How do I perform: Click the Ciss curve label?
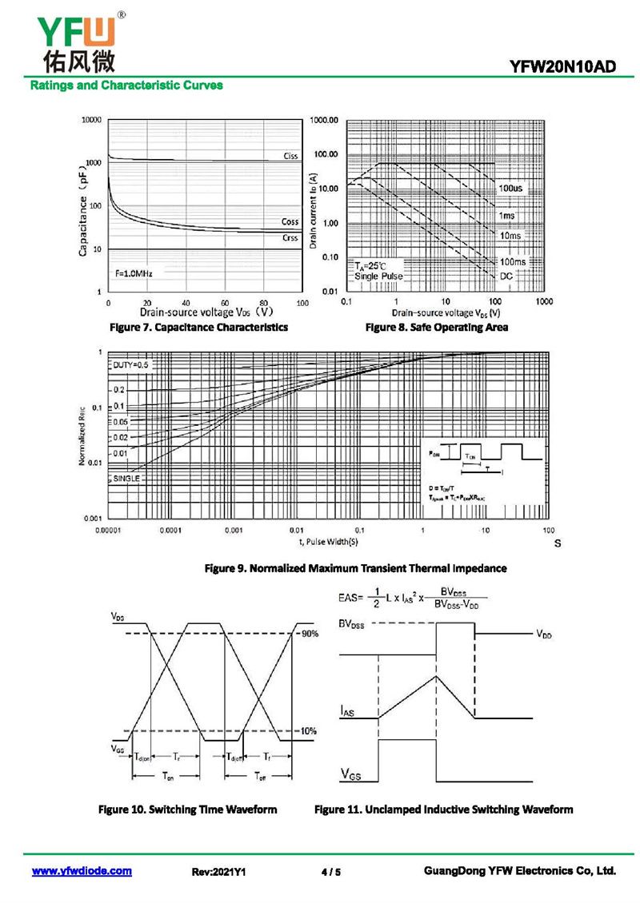pyautogui.click(x=290, y=156)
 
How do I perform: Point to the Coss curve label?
pyautogui.click(x=290, y=221)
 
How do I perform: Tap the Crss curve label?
pyautogui.click(x=290, y=237)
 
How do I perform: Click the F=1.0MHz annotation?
pyautogui.click(x=133, y=273)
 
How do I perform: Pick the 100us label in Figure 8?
pyautogui.click(x=510, y=188)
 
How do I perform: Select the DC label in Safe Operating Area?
pyautogui.click(x=506, y=276)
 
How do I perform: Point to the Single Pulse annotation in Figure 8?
pyautogui.click(x=378, y=276)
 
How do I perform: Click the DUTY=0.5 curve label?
pyautogui.click(x=130, y=364)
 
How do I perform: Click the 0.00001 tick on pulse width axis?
pyautogui.click(x=109, y=531)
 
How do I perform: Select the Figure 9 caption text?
pyautogui.click(x=355, y=568)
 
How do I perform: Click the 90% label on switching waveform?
pyautogui.click(x=310, y=634)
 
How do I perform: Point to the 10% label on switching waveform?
pyautogui.click(x=309, y=731)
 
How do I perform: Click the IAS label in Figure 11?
pyautogui.click(x=346, y=710)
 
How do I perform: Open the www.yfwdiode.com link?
pyautogui.click(x=82, y=871)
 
